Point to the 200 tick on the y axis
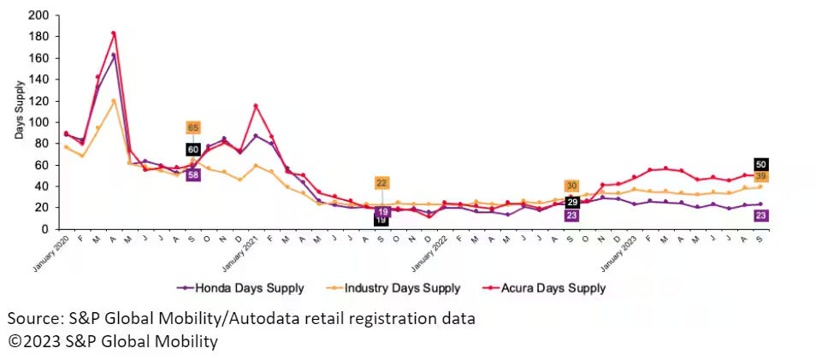[x=38, y=15]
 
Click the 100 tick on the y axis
[x=38, y=122]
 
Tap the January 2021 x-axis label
[x=240, y=251]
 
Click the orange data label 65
[x=193, y=127]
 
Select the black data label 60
[x=193, y=150]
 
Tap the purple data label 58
[x=193, y=174]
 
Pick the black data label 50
[x=760, y=164]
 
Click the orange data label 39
[x=760, y=176]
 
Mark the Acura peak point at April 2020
[x=114, y=33]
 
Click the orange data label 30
[x=571, y=186]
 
